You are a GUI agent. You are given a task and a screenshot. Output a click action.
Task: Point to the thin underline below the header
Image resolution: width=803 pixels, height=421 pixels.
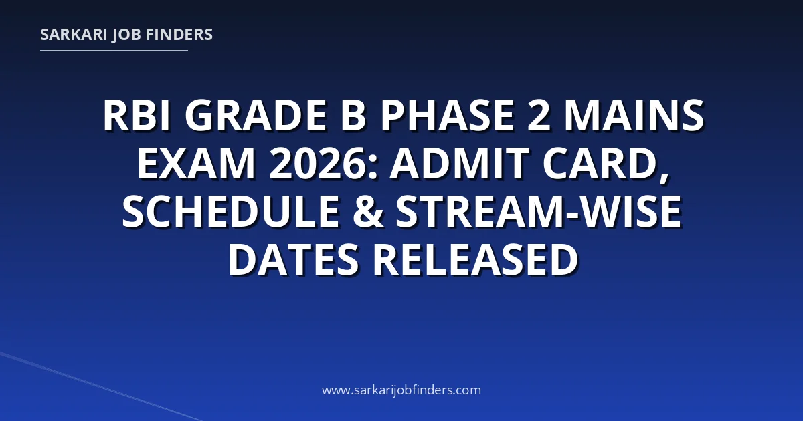[114, 51]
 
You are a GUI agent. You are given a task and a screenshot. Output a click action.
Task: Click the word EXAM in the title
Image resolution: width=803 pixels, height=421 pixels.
[196, 164]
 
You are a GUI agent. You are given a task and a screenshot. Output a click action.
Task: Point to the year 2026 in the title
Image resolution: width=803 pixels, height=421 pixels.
[319, 164]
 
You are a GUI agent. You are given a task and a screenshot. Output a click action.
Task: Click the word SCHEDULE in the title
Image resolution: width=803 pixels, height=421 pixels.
[231, 211]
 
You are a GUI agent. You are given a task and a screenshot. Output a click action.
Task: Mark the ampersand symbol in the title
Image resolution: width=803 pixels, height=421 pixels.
[368, 211]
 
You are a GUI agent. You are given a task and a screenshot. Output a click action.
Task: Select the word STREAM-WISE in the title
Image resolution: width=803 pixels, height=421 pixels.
[538, 211]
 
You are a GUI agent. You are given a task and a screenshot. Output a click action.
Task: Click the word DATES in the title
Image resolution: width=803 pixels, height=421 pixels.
[294, 259]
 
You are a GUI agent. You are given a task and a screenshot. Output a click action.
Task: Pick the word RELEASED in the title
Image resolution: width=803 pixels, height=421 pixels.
[476, 259]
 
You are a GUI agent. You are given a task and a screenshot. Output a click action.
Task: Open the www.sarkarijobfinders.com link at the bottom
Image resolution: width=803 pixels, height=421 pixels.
[401, 390]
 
